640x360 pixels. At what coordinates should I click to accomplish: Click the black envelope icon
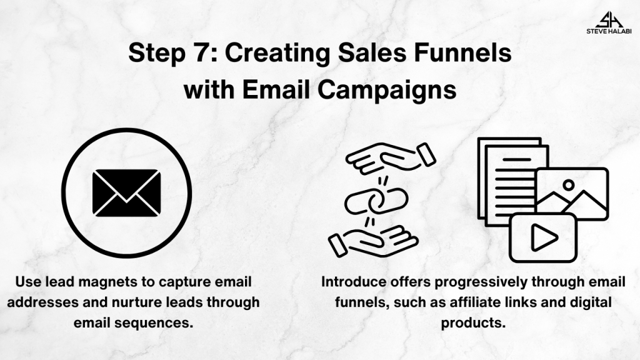pos(126,192)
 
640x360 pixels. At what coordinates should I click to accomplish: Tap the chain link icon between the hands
pos(376,200)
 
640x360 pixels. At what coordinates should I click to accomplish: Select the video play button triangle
pos(544,237)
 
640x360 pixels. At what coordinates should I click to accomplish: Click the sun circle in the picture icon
pos(568,185)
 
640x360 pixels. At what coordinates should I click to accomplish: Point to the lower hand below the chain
pos(374,241)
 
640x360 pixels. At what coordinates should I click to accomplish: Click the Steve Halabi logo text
pos(609,31)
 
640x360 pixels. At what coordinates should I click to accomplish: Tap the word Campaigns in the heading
pos(387,90)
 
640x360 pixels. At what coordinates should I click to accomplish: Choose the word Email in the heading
pos(276,89)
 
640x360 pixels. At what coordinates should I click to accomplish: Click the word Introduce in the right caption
pos(354,282)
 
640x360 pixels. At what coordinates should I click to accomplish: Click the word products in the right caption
pos(473,323)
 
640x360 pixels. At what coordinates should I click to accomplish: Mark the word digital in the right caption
pos(589,302)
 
